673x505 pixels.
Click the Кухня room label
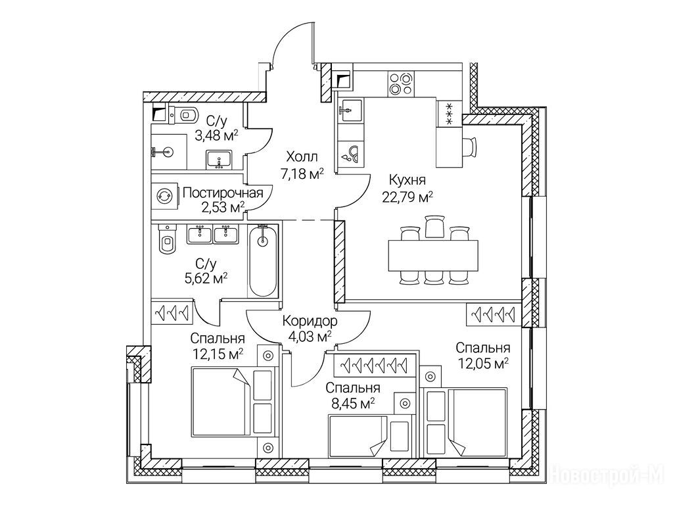coord(407,180)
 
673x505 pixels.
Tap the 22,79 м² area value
coord(407,196)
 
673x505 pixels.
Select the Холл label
coord(302,158)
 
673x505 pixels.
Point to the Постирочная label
coord(223,193)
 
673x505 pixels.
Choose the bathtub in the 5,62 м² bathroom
coord(263,260)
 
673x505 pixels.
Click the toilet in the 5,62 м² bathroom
coord(166,240)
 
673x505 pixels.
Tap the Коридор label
coord(310,322)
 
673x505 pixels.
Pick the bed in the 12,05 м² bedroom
coord(477,421)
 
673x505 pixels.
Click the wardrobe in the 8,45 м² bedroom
coord(374,364)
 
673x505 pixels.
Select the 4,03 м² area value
coord(310,337)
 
